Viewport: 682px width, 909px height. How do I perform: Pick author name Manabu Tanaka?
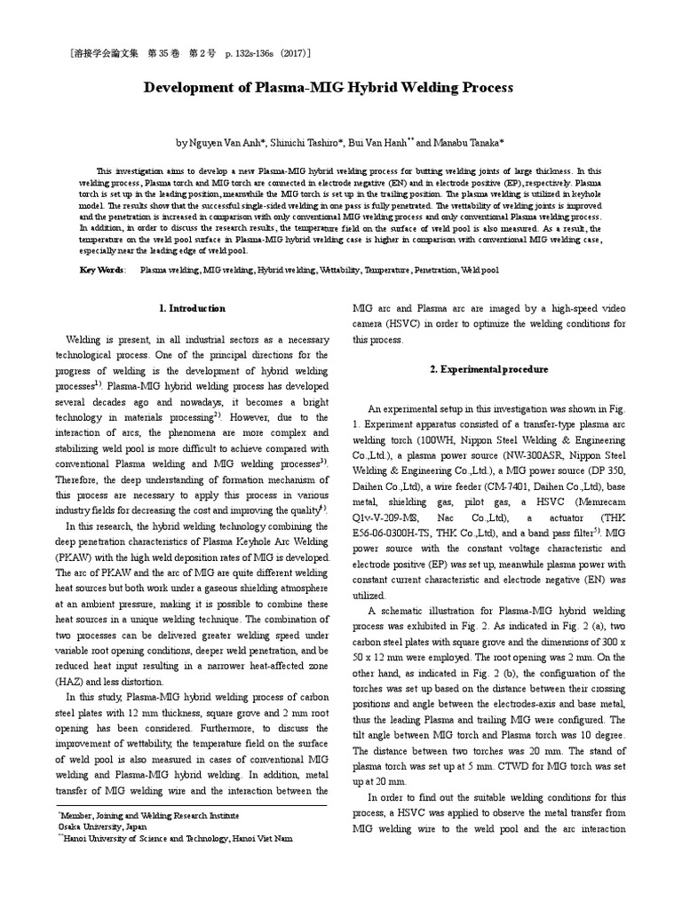point(472,142)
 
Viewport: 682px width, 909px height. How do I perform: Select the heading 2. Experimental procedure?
point(489,368)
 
